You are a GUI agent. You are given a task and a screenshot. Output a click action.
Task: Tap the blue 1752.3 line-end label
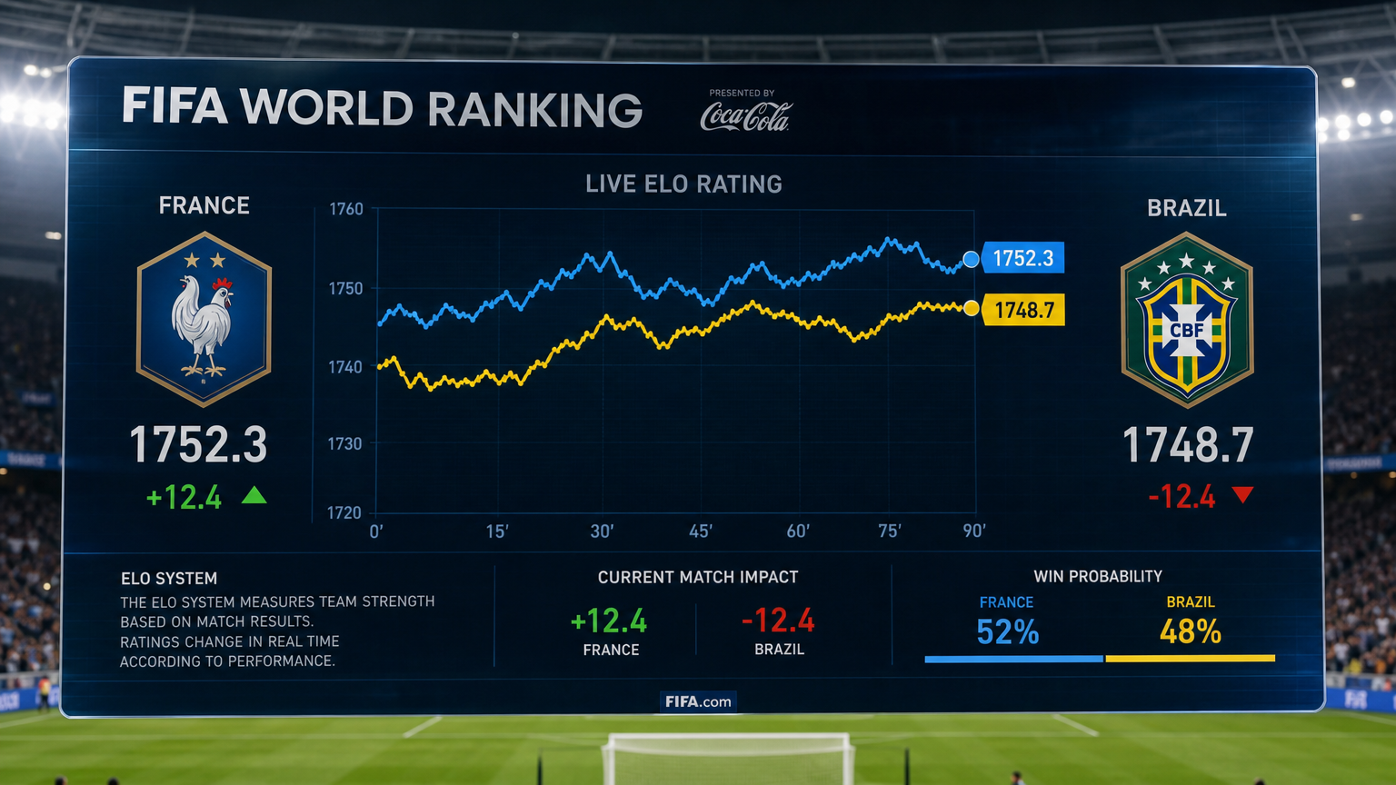click(x=1022, y=258)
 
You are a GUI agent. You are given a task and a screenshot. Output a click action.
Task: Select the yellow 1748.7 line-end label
click(x=1022, y=310)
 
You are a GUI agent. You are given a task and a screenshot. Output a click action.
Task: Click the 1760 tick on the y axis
click(x=346, y=209)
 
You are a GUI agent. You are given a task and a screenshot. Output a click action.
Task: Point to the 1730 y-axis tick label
click(x=344, y=443)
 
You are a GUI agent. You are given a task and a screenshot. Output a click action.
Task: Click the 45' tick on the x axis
click(x=701, y=532)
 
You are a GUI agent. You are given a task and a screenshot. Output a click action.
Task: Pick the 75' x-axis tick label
click(x=890, y=531)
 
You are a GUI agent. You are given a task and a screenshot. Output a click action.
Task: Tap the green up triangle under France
click(x=254, y=495)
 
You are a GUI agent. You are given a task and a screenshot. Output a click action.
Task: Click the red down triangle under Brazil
click(x=1242, y=494)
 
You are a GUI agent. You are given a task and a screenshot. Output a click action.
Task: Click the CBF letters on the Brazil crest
click(x=1186, y=330)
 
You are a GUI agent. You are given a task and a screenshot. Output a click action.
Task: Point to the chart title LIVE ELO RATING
click(x=683, y=184)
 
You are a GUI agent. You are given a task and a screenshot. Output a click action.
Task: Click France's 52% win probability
click(x=1008, y=631)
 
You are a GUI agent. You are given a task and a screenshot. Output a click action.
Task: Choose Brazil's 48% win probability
click(x=1191, y=631)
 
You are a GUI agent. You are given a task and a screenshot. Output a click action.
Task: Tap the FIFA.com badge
click(x=698, y=701)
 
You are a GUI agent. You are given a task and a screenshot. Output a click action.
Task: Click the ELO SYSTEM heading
click(x=169, y=579)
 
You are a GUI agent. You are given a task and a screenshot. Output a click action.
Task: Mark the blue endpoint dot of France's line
click(x=971, y=259)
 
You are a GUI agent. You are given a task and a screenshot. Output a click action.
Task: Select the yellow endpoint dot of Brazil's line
click(x=971, y=308)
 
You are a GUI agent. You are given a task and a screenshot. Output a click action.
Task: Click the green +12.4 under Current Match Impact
click(x=609, y=621)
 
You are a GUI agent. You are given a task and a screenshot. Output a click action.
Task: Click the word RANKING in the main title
click(x=534, y=109)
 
